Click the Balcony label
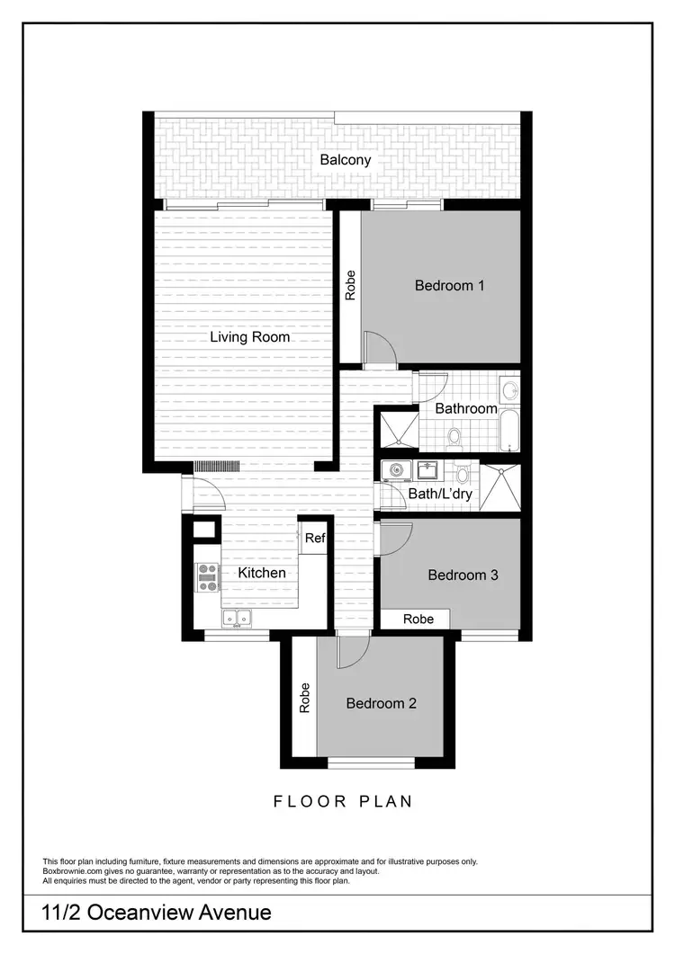click(x=345, y=160)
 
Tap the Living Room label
click(x=249, y=337)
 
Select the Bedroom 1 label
click(x=449, y=286)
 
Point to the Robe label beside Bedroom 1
click(x=350, y=285)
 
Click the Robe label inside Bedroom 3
click(x=418, y=620)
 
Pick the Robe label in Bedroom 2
click(x=304, y=699)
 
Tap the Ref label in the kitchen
click(x=314, y=539)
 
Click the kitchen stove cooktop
click(x=208, y=576)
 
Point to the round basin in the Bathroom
click(x=509, y=391)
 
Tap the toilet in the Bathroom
click(x=454, y=437)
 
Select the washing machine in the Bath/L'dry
click(x=395, y=470)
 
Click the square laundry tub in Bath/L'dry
click(x=426, y=470)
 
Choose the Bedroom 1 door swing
click(x=378, y=347)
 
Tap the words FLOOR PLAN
click(x=343, y=801)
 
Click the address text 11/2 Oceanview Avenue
click(x=157, y=913)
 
